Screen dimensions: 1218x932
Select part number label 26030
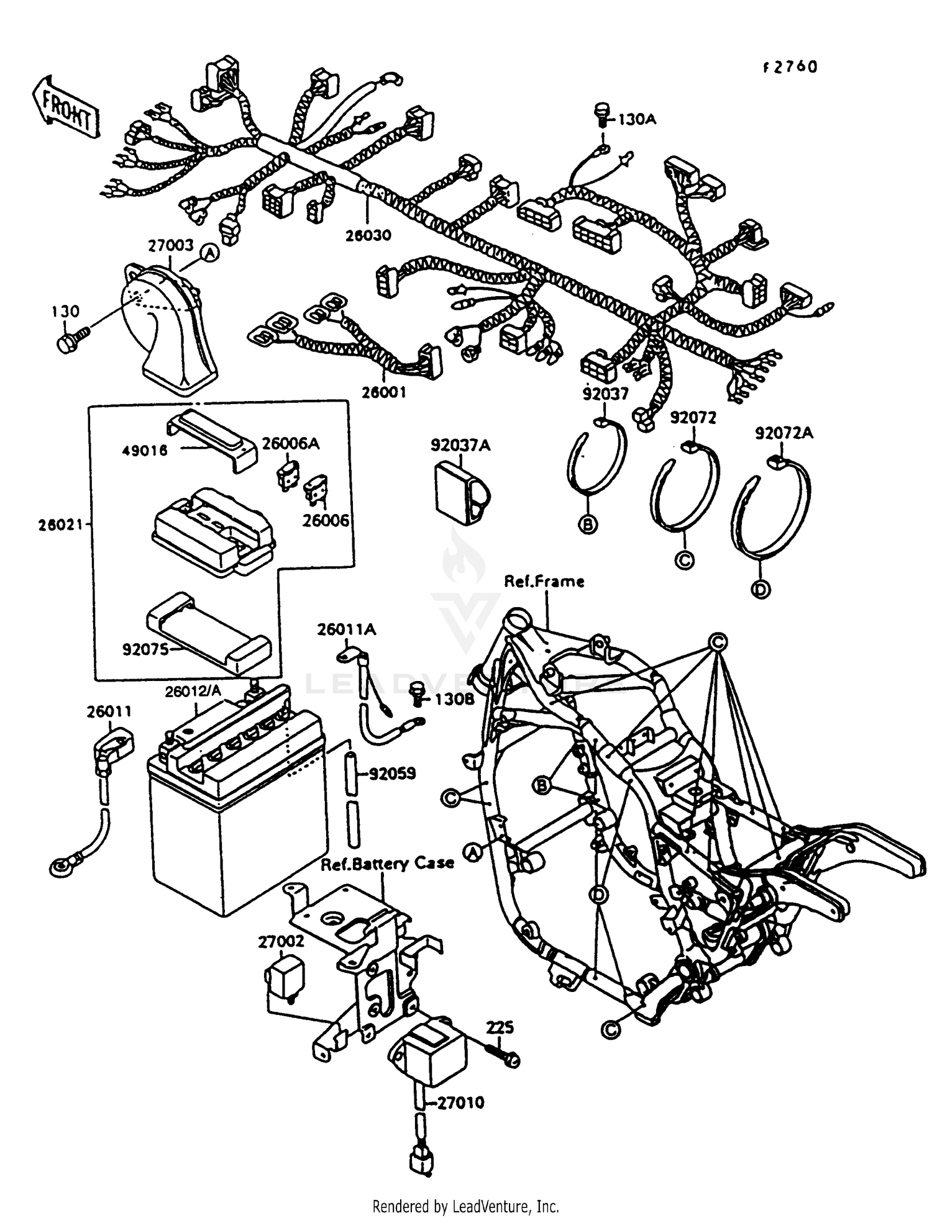368,236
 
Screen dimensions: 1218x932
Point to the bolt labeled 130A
603,116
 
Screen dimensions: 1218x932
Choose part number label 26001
385,392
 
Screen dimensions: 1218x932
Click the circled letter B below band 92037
587,525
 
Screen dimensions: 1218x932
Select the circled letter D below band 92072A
761,589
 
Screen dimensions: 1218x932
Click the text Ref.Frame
544,582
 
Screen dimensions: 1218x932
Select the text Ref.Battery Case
387,864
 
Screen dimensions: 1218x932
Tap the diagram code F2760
790,67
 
